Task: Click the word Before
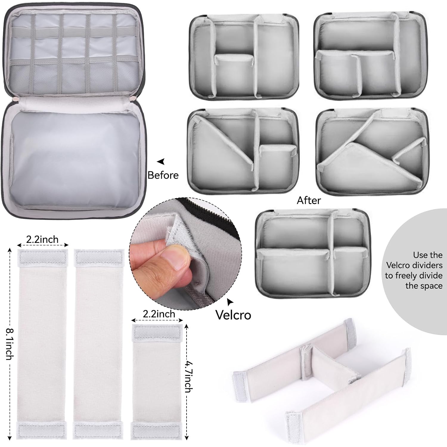pyautogui.click(x=163, y=175)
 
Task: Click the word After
pyautogui.click(x=309, y=201)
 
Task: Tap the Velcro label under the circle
pyautogui.click(x=233, y=315)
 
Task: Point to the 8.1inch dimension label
pyautogui.click(x=9, y=344)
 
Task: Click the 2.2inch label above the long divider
pyautogui.click(x=42, y=239)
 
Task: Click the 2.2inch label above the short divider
pyautogui.click(x=159, y=314)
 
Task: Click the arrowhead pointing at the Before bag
pyautogui.click(x=161, y=162)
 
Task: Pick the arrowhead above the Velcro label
pyautogui.click(x=230, y=302)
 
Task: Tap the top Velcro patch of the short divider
pyautogui.click(x=157, y=332)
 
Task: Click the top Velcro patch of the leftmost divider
pyautogui.click(x=43, y=257)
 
